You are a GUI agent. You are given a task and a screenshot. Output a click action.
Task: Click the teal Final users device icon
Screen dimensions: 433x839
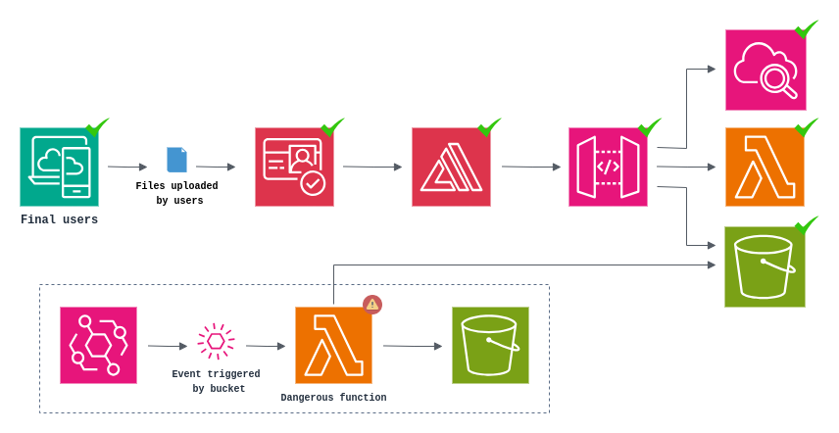click(x=59, y=167)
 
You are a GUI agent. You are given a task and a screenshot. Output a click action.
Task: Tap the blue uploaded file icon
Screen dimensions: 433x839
click(x=176, y=160)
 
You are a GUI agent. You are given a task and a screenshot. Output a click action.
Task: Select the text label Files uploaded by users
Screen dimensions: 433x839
click(x=177, y=193)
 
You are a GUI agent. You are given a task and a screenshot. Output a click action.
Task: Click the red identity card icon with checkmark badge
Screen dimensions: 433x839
click(x=294, y=167)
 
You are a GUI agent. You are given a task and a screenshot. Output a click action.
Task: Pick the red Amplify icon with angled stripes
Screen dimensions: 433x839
click(x=451, y=167)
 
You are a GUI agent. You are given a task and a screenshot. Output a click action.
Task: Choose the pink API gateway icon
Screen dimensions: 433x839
click(x=608, y=167)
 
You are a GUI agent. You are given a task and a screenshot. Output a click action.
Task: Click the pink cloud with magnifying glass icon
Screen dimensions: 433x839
click(x=765, y=70)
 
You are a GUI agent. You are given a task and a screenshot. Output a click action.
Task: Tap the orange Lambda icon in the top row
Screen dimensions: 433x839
click(x=765, y=167)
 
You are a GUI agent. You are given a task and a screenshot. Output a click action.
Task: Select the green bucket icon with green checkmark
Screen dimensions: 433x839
click(x=765, y=266)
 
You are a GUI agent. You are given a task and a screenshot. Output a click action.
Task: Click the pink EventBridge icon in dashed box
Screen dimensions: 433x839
click(x=98, y=345)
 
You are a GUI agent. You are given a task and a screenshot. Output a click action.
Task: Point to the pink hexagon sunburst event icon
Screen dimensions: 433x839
click(x=216, y=341)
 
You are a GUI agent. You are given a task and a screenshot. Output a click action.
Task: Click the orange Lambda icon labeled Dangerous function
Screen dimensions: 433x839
click(x=333, y=345)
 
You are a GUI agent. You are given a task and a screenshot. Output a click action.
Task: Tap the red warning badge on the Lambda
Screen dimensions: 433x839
click(x=372, y=305)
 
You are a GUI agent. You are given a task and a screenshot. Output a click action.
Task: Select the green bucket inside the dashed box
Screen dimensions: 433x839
click(x=490, y=345)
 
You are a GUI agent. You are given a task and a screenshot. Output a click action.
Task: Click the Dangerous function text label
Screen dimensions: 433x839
click(x=333, y=398)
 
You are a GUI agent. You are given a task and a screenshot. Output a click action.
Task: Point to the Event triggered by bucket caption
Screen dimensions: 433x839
click(x=216, y=381)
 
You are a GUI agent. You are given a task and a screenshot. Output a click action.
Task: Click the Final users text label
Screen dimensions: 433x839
click(x=59, y=219)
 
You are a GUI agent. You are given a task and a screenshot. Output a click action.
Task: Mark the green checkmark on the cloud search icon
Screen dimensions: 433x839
click(x=806, y=29)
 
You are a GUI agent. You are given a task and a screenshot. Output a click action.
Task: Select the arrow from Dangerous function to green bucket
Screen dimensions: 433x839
click(x=412, y=346)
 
